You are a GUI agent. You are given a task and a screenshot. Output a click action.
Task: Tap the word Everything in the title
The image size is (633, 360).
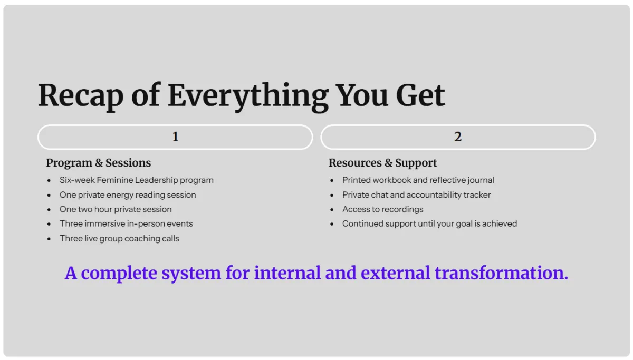pos(248,96)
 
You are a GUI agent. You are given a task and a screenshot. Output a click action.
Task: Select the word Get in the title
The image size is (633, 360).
pos(420,95)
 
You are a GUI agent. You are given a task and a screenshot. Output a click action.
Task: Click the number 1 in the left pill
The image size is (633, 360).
pos(176,137)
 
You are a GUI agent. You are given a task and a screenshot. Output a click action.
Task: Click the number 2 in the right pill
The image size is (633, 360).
pos(458,137)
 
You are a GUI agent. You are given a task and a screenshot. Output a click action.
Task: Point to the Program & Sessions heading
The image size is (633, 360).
pos(99,163)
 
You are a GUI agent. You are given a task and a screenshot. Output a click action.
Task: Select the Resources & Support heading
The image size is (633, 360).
pos(382,163)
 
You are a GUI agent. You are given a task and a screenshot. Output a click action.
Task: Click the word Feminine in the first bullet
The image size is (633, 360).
pos(114,180)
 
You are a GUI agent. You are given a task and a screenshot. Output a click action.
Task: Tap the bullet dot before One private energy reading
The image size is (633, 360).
pos(49,195)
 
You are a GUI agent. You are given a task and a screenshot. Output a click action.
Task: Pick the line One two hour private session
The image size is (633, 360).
pos(116,209)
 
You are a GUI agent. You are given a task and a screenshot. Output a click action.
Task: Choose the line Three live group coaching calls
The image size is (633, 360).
pos(119,239)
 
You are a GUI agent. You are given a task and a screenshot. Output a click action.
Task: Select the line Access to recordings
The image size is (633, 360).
pos(382,209)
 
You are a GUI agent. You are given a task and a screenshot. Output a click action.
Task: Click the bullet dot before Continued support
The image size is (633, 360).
pos(332,224)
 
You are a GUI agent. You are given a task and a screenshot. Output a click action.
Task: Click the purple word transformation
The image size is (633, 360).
pos(501,273)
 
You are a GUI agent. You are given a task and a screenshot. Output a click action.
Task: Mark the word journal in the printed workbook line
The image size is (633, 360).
pos(481,180)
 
